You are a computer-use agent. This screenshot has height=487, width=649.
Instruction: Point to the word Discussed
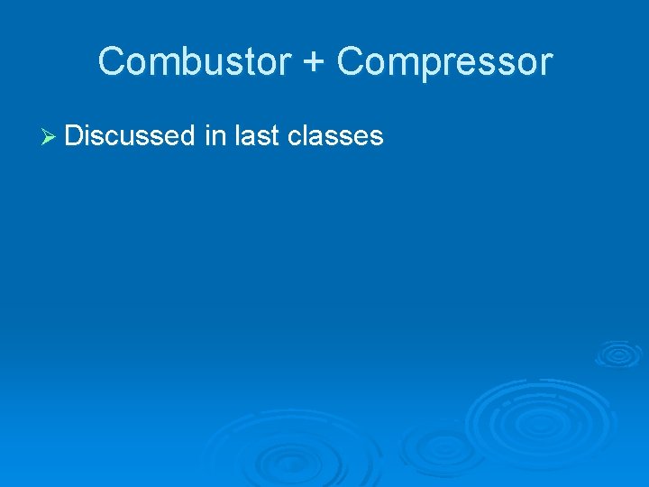(130, 136)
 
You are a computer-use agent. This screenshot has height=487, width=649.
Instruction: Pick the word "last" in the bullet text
(257, 136)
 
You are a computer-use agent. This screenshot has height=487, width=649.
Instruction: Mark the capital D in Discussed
(74, 136)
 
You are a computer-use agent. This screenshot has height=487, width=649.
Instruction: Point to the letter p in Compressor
(421, 66)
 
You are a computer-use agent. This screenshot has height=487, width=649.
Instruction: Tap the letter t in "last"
(275, 136)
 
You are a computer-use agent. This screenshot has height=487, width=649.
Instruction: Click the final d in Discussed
(187, 136)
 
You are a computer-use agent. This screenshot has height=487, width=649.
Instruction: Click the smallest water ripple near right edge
(618, 353)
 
